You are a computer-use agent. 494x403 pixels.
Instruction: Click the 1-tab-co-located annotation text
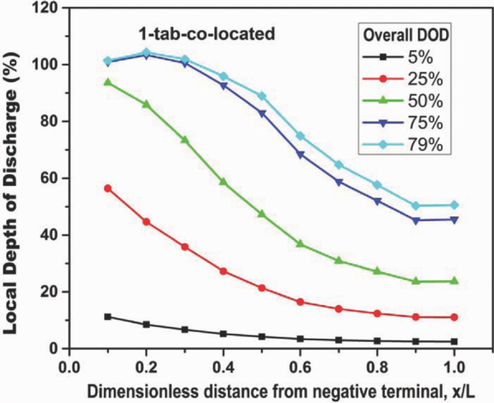pos(207,34)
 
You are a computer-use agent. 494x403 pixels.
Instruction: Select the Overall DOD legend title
pos(406,35)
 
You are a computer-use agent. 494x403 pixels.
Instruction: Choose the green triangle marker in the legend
pos(383,101)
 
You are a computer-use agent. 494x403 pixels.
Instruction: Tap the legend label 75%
pos(424,123)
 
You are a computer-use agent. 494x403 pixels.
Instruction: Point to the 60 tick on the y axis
pos(51,178)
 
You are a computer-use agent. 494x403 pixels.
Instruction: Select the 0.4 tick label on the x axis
pos(223,367)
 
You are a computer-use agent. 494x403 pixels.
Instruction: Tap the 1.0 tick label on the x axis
pos(454,367)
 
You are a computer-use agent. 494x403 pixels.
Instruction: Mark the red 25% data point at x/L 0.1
pos(108,188)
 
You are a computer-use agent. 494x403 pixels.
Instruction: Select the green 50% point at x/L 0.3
pos(184,140)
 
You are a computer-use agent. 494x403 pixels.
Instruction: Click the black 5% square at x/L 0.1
pos(108,317)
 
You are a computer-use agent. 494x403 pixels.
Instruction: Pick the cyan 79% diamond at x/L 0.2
pos(146,52)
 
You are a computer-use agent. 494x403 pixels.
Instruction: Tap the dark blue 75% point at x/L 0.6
pos(300,154)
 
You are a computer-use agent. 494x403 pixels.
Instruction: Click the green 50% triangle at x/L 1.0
pos(454,281)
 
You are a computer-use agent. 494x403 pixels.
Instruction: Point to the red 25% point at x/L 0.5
pos(262,288)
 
